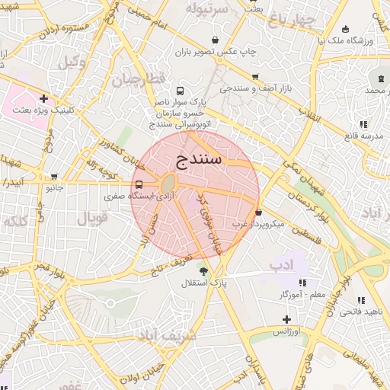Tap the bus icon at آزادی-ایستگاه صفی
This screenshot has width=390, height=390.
pyautogui.click(x=138, y=184)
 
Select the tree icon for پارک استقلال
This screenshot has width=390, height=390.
pyautogui.click(x=203, y=270)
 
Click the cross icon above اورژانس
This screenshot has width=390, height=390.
pyautogui.click(x=286, y=320)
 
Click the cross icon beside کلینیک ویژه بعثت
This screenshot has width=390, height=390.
pyautogui.click(x=44, y=98)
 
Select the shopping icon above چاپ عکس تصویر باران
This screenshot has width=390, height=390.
pyautogui.click(x=216, y=41)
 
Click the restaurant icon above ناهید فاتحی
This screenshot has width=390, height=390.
pyautogui.click(x=360, y=300)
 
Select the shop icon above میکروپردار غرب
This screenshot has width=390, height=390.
pyautogui.click(x=259, y=213)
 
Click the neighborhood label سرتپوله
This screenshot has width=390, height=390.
pyautogui.click(x=208, y=10)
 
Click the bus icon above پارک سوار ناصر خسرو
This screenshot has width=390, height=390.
pyautogui.click(x=180, y=89)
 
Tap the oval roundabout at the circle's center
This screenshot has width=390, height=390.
pyautogui.click(x=168, y=184)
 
